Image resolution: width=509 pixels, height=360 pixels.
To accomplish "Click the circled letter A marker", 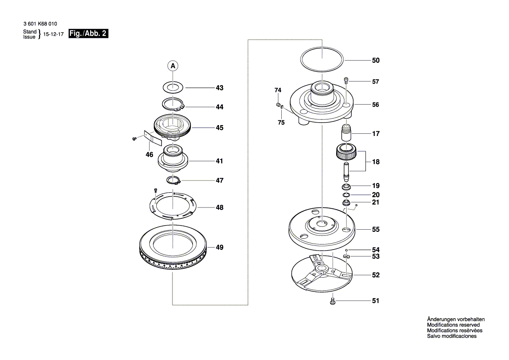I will pyautogui.click(x=173, y=66).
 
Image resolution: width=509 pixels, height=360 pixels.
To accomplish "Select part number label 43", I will pyautogui.click(x=219, y=88).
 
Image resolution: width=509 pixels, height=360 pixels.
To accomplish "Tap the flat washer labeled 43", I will pyautogui.click(x=173, y=86).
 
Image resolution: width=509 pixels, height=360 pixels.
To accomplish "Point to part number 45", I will pyautogui.click(x=219, y=128).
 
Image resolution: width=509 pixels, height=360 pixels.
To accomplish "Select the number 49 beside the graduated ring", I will pyautogui.click(x=219, y=248).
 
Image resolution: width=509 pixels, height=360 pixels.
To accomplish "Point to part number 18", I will pyautogui.click(x=375, y=162).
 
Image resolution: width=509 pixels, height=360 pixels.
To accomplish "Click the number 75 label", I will pyautogui.click(x=281, y=123).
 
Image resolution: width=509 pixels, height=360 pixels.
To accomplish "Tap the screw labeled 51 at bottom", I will pyautogui.click(x=333, y=300).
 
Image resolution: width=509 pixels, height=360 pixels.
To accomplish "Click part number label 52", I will pyautogui.click(x=375, y=275).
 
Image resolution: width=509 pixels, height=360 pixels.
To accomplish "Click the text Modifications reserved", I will pyautogui.click(x=453, y=325).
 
